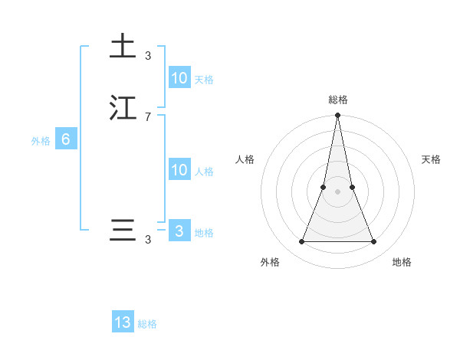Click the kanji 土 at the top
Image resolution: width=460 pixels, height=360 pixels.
(122, 46)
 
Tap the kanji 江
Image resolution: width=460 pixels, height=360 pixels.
(122, 108)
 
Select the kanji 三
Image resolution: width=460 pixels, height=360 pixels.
(122, 231)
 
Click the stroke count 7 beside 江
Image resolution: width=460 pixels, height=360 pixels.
(148, 116)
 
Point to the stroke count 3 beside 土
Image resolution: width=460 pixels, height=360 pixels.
(148, 55)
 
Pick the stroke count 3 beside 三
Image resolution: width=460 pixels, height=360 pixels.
(148, 240)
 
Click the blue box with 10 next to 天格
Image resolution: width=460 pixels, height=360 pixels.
(179, 78)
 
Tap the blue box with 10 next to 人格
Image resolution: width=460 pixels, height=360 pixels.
(179, 170)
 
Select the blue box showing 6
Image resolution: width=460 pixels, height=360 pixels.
(66, 139)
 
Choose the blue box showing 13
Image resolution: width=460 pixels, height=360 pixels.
(123, 322)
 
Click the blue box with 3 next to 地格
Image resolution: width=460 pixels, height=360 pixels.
(179, 231)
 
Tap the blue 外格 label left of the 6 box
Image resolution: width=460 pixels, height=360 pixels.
(41, 141)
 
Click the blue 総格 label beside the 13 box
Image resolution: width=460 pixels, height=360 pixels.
(147, 324)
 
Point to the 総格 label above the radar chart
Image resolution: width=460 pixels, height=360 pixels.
(338, 100)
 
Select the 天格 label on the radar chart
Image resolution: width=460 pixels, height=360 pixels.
(432, 159)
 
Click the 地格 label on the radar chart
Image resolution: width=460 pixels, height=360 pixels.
(402, 262)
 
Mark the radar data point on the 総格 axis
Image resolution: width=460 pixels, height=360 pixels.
(338, 116)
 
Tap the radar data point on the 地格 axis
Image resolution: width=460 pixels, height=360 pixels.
(374, 242)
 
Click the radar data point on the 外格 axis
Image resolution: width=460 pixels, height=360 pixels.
(302, 242)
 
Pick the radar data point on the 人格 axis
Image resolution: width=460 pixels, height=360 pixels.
(324, 187)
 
